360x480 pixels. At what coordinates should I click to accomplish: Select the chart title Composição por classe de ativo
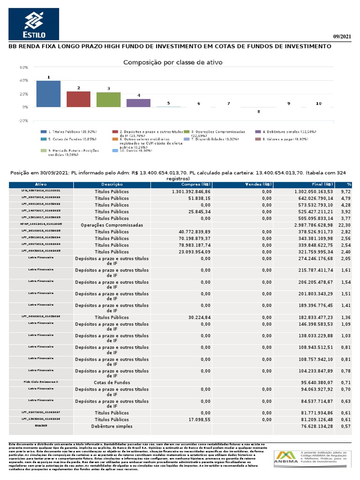click(x=172, y=62)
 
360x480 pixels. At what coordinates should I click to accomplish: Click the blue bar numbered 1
click(x=48, y=94)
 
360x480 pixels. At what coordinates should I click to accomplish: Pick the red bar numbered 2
click(x=78, y=99)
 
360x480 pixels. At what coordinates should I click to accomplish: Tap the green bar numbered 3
click(x=108, y=99)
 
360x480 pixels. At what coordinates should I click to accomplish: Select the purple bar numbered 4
click(x=138, y=103)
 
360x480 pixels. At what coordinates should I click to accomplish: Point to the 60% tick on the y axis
click(x=24, y=67)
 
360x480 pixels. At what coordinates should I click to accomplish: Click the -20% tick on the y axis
click(x=23, y=120)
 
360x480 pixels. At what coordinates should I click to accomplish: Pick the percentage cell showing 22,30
click(x=345, y=225)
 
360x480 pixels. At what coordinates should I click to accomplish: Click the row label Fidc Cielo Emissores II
click(x=41, y=382)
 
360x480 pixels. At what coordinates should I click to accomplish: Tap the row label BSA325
click(x=41, y=426)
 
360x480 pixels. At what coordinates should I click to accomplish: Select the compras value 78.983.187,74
click(x=192, y=245)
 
